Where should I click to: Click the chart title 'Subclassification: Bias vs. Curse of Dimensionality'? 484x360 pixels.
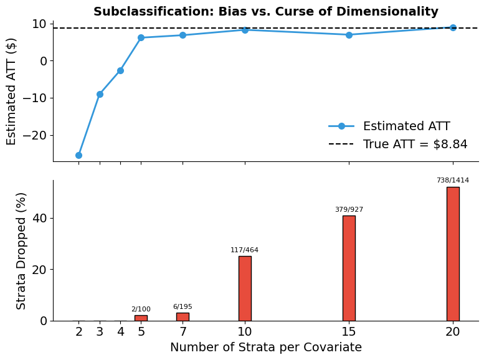point(265,12)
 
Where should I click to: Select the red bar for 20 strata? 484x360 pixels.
point(452,253)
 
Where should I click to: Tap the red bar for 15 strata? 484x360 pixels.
point(348,268)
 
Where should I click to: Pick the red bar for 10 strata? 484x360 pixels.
point(245,288)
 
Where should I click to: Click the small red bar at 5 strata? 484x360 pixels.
point(141,318)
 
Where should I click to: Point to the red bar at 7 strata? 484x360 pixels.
point(183,316)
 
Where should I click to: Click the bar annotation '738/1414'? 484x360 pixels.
point(452,180)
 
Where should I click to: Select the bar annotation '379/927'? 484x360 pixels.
point(348,209)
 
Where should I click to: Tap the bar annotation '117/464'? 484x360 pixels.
point(245,250)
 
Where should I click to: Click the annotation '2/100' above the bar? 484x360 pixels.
point(141,309)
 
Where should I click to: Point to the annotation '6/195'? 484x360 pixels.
point(183,306)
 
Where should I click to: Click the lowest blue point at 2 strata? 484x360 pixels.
point(78,155)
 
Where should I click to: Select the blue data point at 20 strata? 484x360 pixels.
point(452,27)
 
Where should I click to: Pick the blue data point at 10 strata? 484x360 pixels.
point(245,30)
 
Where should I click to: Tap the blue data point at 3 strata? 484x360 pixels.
point(100,94)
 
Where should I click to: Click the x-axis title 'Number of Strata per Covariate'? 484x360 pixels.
point(265,348)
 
